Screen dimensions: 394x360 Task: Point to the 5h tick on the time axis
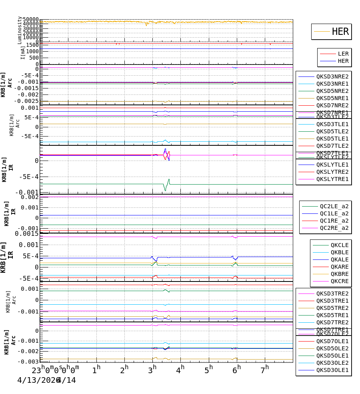click(x=208, y=370)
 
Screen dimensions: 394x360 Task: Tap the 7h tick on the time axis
click(x=265, y=370)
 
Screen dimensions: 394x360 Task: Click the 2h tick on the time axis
click(x=124, y=370)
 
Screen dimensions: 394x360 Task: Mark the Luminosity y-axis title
click(x=20, y=30)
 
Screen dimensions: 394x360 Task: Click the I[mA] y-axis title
click(x=23, y=52)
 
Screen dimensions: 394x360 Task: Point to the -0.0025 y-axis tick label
click(x=26, y=101)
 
